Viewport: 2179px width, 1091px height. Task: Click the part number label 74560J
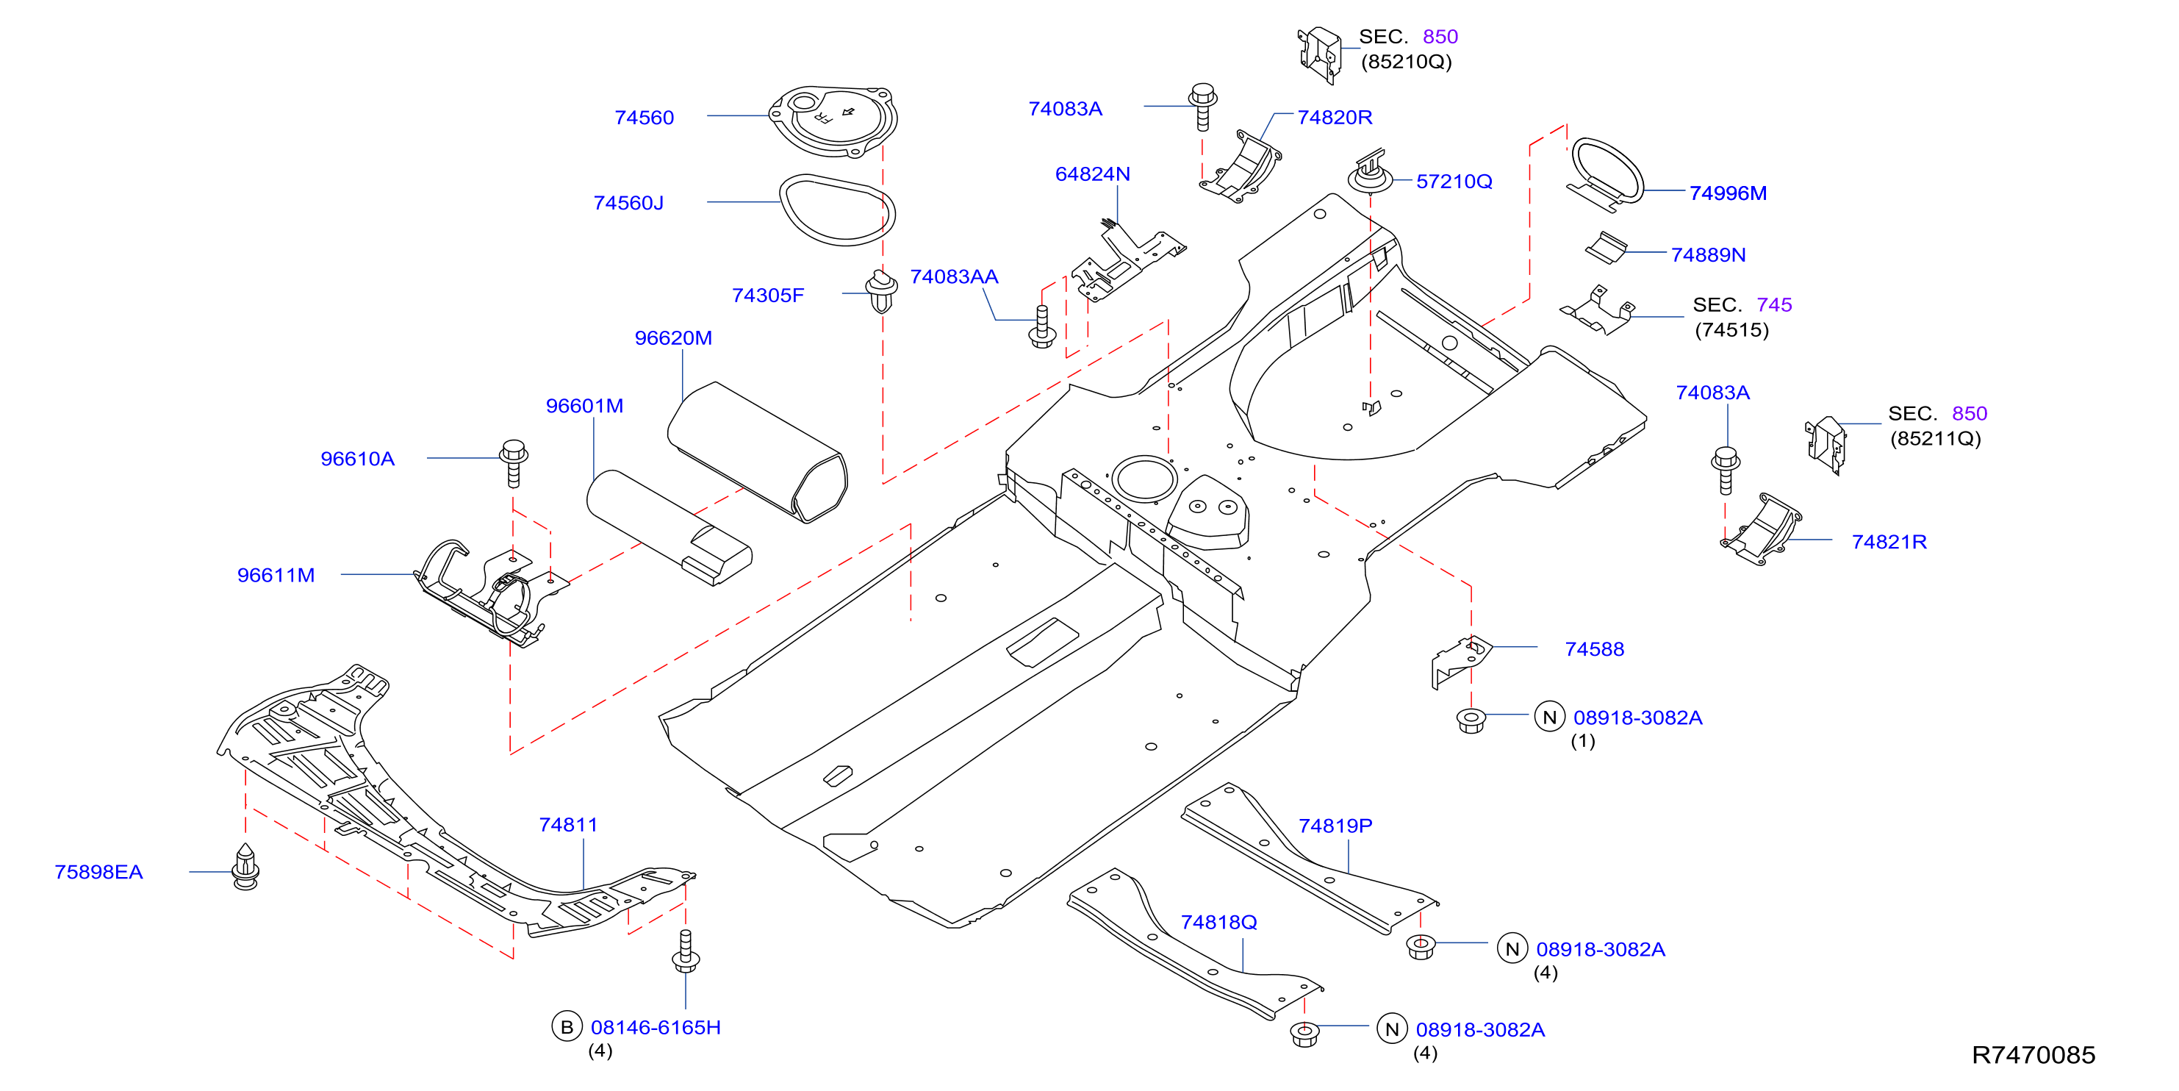tap(628, 203)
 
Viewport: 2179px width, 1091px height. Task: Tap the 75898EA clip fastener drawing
tap(245, 867)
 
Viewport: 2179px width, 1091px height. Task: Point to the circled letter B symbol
tap(567, 1027)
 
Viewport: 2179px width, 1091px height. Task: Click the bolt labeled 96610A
tap(514, 462)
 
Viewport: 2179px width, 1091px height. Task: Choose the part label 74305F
tap(768, 296)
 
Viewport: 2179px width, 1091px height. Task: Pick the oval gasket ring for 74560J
tap(836, 210)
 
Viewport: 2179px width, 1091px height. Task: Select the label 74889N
tap(1708, 255)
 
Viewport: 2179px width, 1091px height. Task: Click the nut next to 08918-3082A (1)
tap(1471, 721)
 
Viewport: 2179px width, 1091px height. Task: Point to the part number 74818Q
tap(1219, 922)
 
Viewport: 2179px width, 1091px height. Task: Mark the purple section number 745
tap(1774, 304)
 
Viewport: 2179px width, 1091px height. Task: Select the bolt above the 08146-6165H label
tap(685, 951)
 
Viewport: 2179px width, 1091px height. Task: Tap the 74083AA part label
tap(954, 276)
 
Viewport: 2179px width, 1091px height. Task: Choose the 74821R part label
tap(1889, 542)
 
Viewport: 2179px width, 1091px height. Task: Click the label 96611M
tap(276, 576)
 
